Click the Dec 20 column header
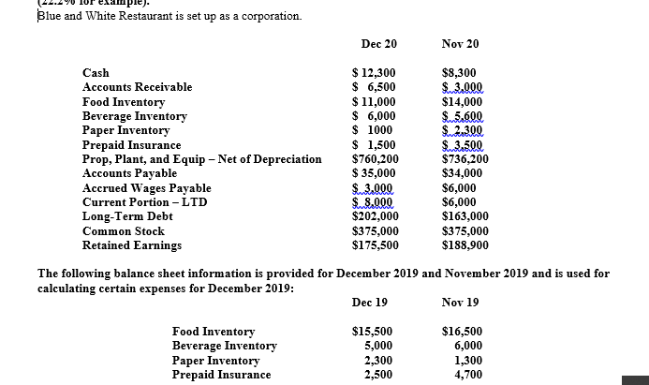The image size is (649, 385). click(378, 44)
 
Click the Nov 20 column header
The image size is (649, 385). click(460, 44)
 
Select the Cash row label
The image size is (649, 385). click(96, 73)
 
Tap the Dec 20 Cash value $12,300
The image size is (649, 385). click(373, 73)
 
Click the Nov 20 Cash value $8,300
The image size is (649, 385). click(458, 73)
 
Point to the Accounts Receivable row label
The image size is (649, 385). click(137, 87)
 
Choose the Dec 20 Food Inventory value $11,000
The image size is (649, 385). click(373, 102)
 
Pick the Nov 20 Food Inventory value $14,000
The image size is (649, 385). click(462, 102)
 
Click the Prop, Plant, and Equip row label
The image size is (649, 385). click(201, 159)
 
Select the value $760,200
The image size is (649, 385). click(375, 159)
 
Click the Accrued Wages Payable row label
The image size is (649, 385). click(146, 188)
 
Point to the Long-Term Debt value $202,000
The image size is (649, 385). click(375, 216)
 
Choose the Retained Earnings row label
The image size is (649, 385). click(132, 245)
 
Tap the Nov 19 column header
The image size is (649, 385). click(460, 303)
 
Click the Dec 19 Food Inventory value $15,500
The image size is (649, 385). click(371, 332)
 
